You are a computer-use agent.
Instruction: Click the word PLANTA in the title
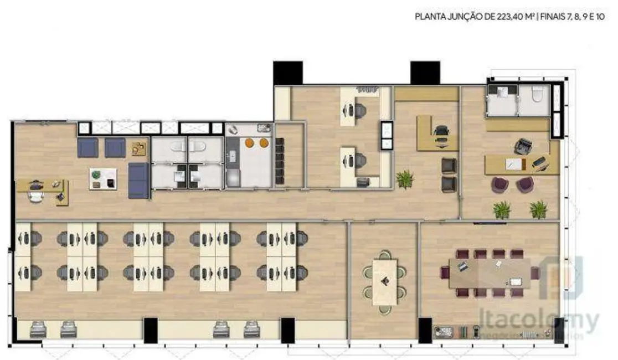[x=428, y=17]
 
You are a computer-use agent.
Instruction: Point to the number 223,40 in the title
[x=504, y=17]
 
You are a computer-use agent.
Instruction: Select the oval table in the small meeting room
[x=384, y=282]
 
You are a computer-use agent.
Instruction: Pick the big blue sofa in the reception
[x=138, y=181]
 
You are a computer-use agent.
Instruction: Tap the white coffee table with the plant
[x=103, y=179]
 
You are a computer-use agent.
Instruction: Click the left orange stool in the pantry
[x=250, y=143]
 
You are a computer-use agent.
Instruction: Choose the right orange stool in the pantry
[x=264, y=143]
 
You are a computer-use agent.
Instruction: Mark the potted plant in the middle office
[x=405, y=179]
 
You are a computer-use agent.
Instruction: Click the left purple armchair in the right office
[x=499, y=184]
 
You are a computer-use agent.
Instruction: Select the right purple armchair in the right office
[x=525, y=184]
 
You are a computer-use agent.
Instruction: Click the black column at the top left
[x=287, y=73]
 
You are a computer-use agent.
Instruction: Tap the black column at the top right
[x=425, y=73]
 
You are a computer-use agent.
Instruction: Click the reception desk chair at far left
[x=37, y=195]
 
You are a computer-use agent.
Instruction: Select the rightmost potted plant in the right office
[x=538, y=209]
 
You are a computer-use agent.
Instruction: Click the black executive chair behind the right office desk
[x=522, y=146]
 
